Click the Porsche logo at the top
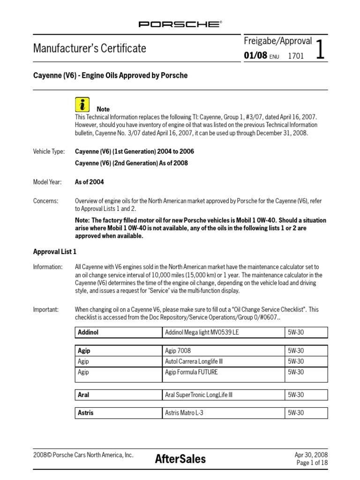tap(180, 24)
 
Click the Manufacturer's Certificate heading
tap(90, 48)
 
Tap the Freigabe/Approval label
tap(277, 41)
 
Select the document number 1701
tap(296, 56)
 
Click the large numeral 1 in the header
tap(321, 49)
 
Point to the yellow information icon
tap(82, 105)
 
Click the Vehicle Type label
tap(48, 152)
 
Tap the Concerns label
tap(45, 201)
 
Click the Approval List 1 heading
tap(54, 252)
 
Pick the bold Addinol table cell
tap(118, 332)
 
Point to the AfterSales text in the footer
tap(180, 459)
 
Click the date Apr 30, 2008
tap(311, 455)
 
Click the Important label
tap(46, 309)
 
